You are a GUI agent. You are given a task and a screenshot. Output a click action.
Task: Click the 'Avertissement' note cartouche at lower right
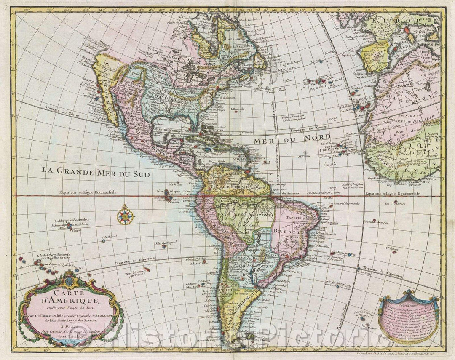[409, 316]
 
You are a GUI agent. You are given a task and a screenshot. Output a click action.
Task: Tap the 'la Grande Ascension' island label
[376, 221]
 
